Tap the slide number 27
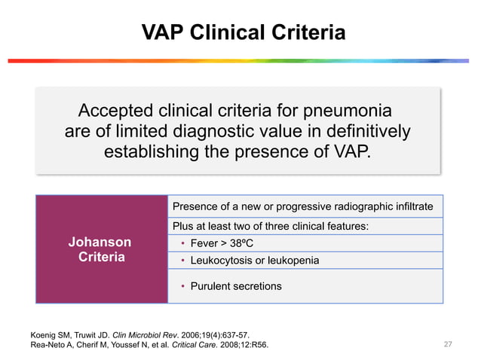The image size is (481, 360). coord(448,345)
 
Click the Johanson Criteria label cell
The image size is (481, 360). coord(100,249)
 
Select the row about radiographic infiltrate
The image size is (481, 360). coord(302,206)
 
